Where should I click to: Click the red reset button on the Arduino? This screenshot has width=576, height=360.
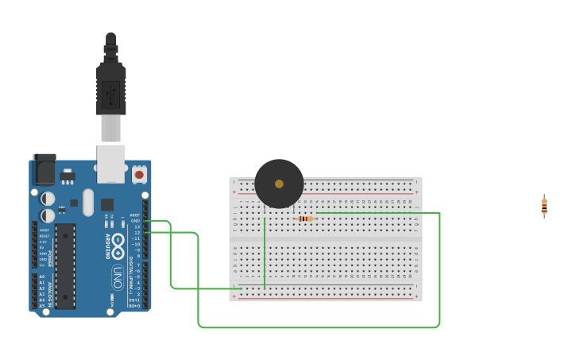(139, 173)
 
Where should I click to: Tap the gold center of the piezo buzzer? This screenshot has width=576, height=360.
(279, 184)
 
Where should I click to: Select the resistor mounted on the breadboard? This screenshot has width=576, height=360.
(304, 219)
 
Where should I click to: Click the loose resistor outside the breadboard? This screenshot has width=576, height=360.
(544, 207)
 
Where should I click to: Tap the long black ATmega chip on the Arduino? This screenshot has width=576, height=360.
(65, 266)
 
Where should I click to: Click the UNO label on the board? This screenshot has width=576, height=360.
(117, 277)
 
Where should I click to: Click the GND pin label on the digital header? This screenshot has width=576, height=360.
(135, 220)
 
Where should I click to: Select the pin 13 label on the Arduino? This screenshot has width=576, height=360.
(137, 226)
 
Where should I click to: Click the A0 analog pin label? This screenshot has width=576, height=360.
(42, 277)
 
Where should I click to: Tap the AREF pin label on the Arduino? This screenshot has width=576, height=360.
(135, 215)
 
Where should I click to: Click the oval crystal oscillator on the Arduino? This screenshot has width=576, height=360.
(88, 202)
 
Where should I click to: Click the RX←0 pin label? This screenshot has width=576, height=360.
(134, 306)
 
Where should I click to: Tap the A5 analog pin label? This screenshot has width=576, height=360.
(42, 306)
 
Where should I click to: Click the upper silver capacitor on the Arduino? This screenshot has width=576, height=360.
(48, 199)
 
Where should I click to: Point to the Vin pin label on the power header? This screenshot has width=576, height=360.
(43, 265)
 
